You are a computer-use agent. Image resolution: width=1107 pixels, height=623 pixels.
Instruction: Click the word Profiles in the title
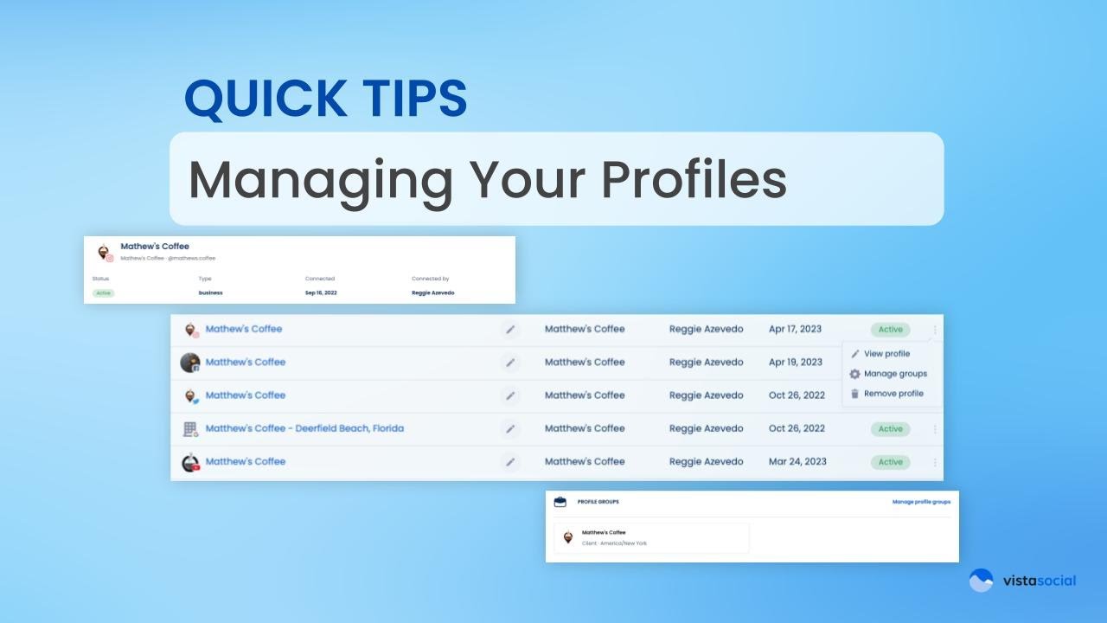pyautogui.click(x=694, y=179)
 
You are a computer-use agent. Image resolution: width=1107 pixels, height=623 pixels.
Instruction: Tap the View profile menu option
pyautogui.click(x=886, y=354)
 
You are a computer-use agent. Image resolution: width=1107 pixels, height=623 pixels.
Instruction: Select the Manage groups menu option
pyautogui.click(x=895, y=374)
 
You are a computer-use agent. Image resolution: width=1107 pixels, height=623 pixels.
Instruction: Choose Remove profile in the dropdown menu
pyautogui.click(x=893, y=394)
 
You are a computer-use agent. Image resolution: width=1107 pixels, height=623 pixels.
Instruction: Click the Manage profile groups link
pyautogui.click(x=921, y=502)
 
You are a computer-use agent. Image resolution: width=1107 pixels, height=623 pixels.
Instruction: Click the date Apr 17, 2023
pyautogui.click(x=795, y=329)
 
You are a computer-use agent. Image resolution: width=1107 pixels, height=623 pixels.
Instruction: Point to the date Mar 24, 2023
pyautogui.click(x=797, y=462)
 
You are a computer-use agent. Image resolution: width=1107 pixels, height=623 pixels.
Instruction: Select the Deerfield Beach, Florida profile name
pyautogui.click(x=304, y=428)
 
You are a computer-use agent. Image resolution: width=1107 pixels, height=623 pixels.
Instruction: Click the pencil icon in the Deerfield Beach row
pyautogui.click(x=510, y=429)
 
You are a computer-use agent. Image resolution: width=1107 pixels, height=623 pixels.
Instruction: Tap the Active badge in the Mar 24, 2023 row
pyautogui.click(x=890, y=462)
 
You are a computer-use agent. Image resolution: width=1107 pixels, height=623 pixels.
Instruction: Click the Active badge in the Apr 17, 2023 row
pyautogui.click(x=890, y=330)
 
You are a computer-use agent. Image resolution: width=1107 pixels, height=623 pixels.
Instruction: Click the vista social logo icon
pyautogui.click(x=981, y=581)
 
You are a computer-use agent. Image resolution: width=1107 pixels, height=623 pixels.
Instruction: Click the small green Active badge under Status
pyautogui.click(x=104, y=293)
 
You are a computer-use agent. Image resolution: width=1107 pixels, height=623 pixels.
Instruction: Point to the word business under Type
pyautogui.click(x=210, y=293)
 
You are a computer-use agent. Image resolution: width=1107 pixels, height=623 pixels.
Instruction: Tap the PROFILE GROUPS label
pyautogui.click(x=598, y=502)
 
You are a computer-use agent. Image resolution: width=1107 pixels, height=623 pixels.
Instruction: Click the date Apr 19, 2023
pyautogui.click(x=795, y=362)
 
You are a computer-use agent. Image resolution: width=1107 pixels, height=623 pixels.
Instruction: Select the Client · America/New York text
pyautogui.click(x=614, y=543)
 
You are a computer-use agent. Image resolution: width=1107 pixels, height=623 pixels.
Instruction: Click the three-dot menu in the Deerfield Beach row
pyautogui.click(x=935, y=429)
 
